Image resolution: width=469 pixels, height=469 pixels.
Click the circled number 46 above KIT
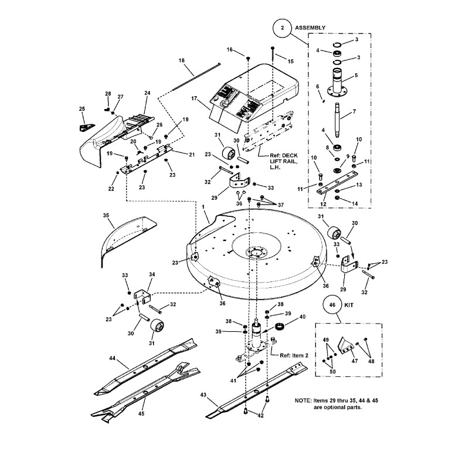pyautogui.click(x=332, y=305)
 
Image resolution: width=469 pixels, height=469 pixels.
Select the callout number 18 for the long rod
pyautogui.click(x=181, y=61)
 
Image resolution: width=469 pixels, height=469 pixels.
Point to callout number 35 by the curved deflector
pyautogui.click(x=106, y=215)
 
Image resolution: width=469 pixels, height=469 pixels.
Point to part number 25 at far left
pyautogui.click(x=81, y=109)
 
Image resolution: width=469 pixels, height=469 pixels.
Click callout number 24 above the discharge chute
pyautogui.click(x=147, y=93)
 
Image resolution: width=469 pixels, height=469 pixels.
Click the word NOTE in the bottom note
pyautogui.click(x=305, y=400)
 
